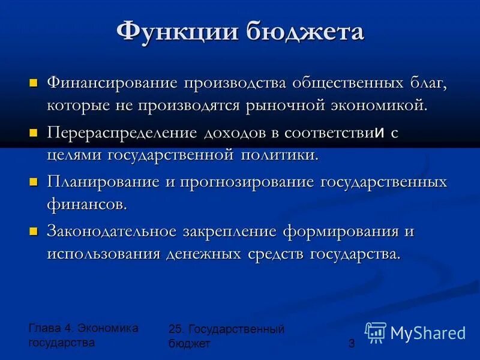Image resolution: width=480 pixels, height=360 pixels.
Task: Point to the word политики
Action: [279, 155]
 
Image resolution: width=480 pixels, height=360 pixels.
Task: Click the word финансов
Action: [87, 204]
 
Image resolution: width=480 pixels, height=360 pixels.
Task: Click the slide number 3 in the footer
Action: [352, 343]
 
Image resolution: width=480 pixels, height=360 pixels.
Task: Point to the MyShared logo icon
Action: [376, 332]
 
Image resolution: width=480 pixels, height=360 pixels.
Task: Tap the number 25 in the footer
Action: [175, 329]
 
